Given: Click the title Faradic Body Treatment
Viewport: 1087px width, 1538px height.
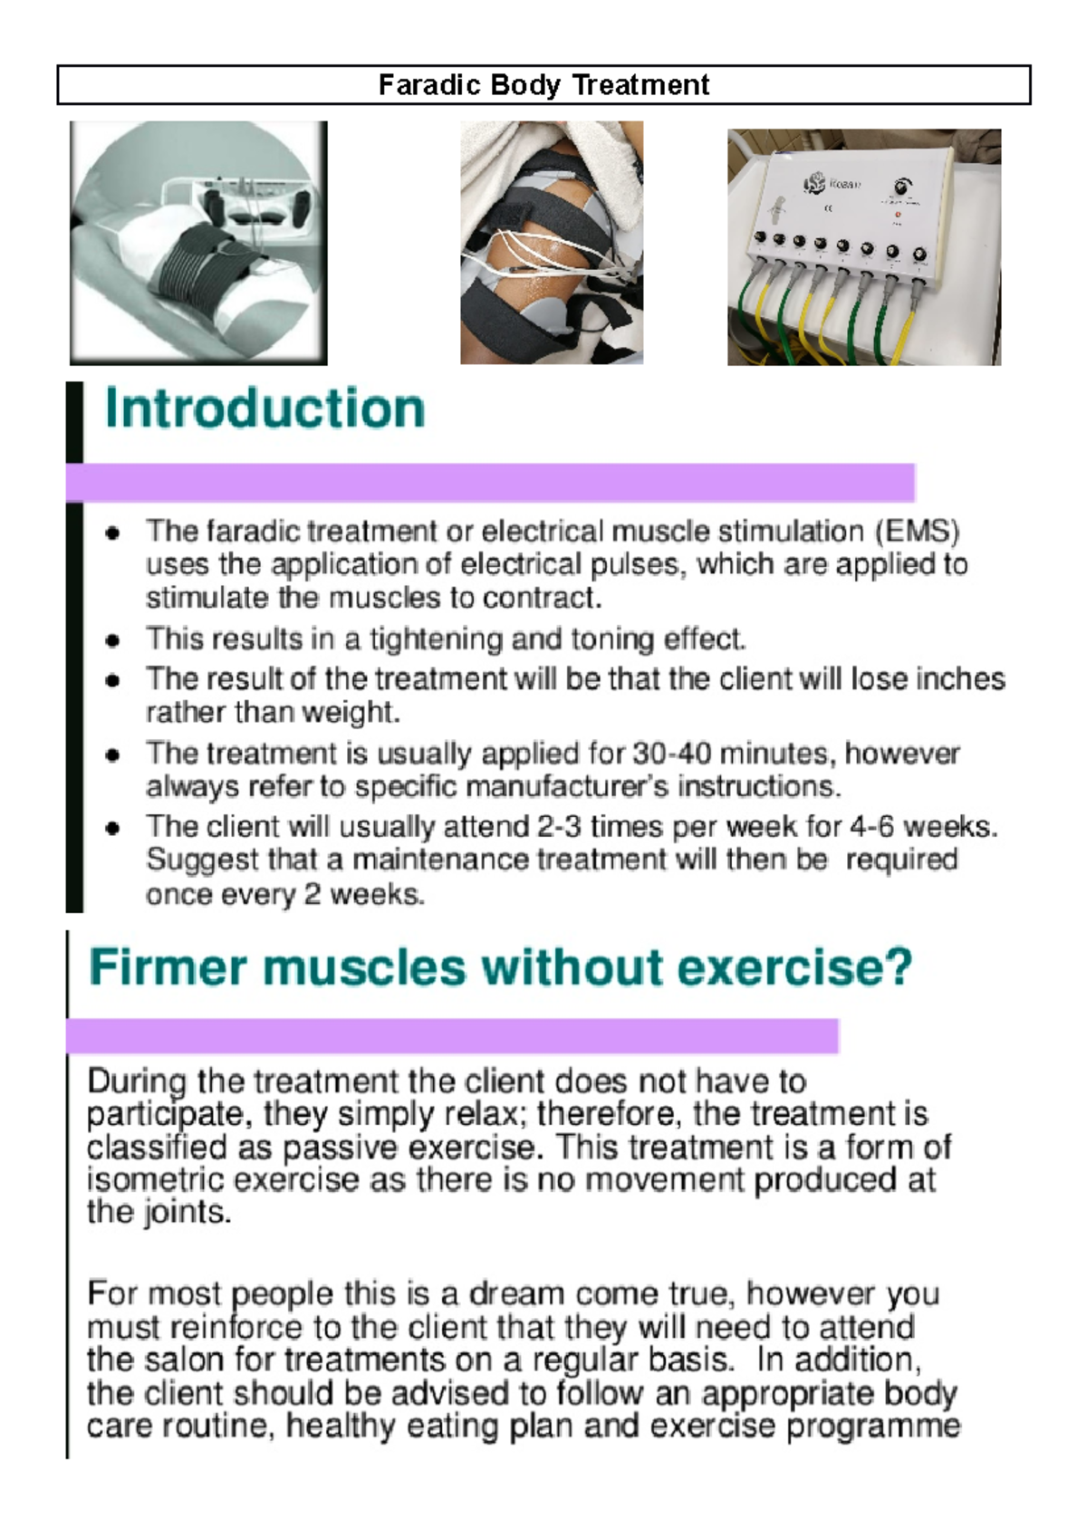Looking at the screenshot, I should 543,85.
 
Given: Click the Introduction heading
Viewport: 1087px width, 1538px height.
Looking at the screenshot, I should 265,409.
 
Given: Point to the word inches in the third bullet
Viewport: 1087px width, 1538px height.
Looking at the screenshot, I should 960,679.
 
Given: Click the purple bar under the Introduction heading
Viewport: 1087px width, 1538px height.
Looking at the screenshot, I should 489,482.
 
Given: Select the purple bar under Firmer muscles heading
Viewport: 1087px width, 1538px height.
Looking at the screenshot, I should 453,1035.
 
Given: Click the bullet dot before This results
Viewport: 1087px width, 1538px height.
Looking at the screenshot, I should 112,641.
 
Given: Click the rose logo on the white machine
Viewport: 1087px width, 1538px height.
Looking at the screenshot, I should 813,184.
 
